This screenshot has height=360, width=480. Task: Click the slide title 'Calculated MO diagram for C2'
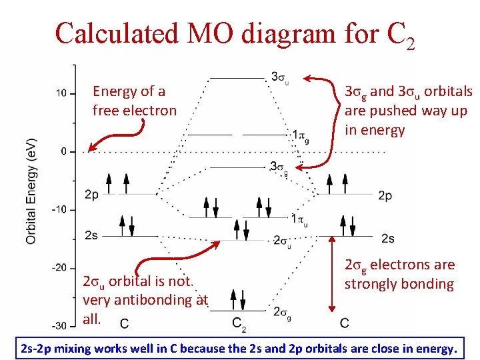point(235,33)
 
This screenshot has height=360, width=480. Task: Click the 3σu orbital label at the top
point(279,77)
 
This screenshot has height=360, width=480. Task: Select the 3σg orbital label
point(279,167)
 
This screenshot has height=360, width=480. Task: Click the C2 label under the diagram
point(239,325)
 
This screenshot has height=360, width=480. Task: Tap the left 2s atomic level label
point(92,236)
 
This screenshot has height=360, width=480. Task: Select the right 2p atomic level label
point(385,195)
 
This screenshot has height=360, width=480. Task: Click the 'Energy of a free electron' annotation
point(135,101)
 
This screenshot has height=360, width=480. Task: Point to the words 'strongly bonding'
point(399,284)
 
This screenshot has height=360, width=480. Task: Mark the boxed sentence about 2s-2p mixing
point(239,347)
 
